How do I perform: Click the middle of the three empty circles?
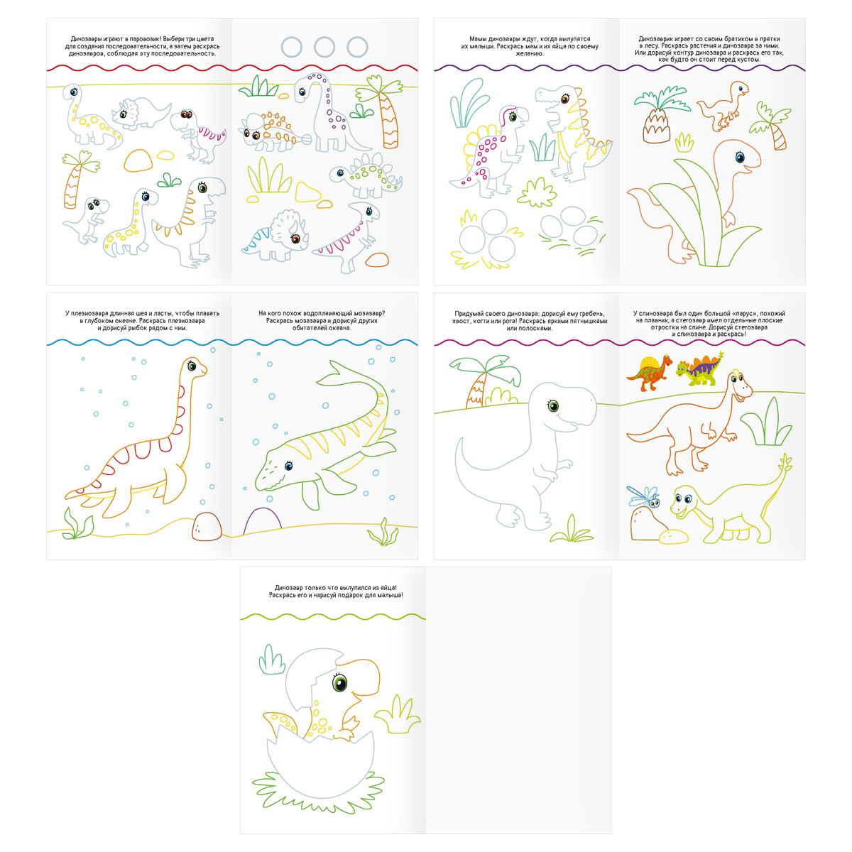pyautogui.click(x=324, y=47)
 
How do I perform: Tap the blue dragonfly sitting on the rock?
pyautogui.click(x=644, y=496)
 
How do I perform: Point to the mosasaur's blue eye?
pyautogui.click(x=289, y=465)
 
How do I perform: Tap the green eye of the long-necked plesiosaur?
pyautogui.click(x=192, y=365)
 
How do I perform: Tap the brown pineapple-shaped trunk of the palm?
pyautogui.click(x=656, y=126)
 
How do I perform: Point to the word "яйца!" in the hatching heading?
pyautogui.click(x=389, y=588)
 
